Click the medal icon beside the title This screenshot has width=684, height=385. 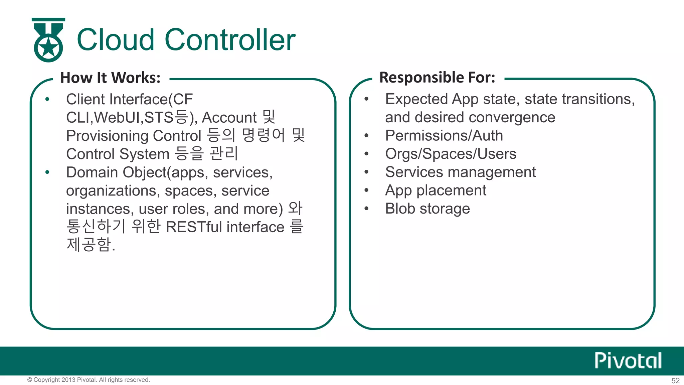pyautogui.click(x=48, y=40)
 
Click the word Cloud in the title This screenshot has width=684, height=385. pyautogui.click(x=116, y=40)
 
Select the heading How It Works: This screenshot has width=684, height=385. pyautogui.click(x=110, y=78)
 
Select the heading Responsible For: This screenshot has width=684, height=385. pyautogui.click(x=437, y=78)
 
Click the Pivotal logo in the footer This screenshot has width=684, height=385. pyautogui.click(x=628, y=361)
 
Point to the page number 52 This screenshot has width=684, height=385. pyautogui.click(x=675, y=381)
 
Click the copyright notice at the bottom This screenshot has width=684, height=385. pyautogui.click(x=89, y=380)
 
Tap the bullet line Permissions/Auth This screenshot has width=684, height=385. pyautogui.click(x=444, y=136)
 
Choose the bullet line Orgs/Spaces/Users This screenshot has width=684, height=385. pyautogui.click(x=451, y=154)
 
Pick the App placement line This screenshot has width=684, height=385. pyautogui.click(x=436, y=190)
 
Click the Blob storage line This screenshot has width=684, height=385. pyautogui.click(x=427, y=209)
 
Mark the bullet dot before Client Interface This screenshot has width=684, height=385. pyautogui.click(x=47, y=99)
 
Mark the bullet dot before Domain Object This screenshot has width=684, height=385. pyautogui.click(x=47, y=172)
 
